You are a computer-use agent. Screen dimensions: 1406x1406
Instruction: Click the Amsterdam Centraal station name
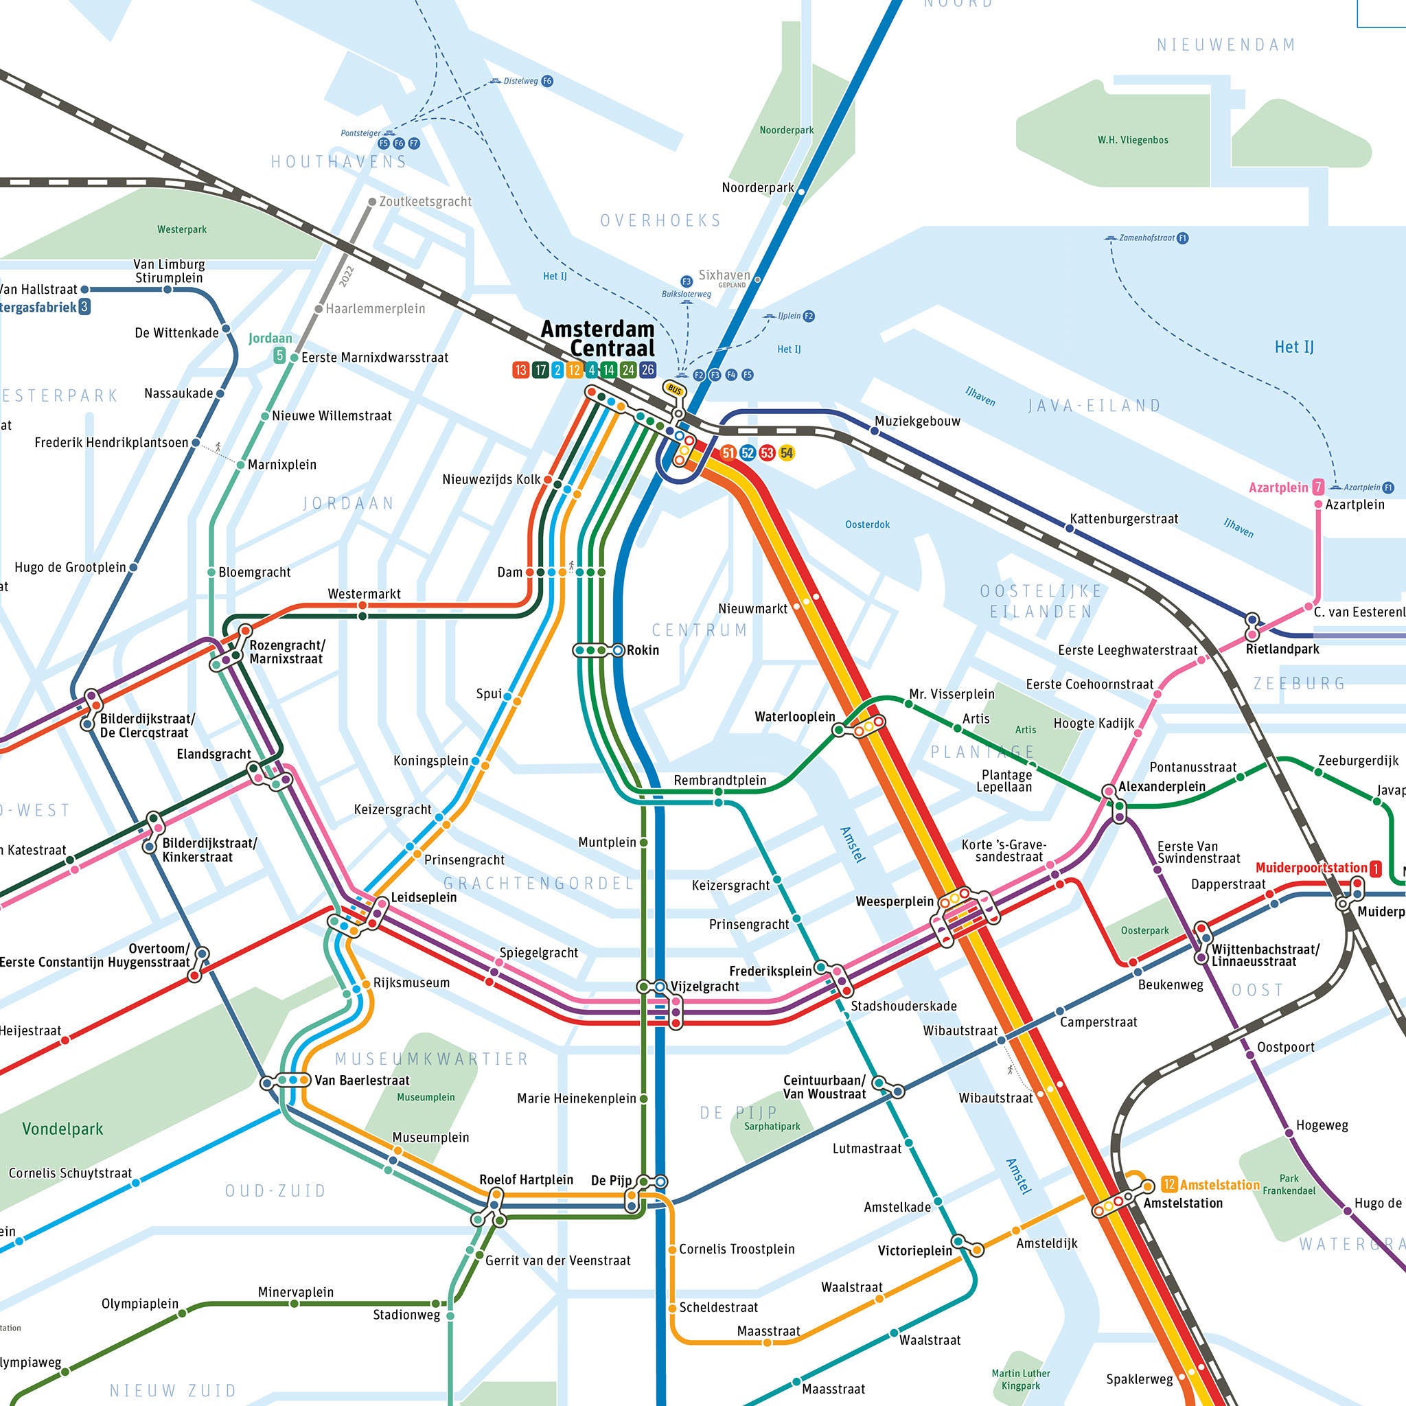pyautogui.click(x=597, y=338)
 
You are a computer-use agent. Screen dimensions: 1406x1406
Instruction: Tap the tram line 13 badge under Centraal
pyautogui.click(x=520, y=370)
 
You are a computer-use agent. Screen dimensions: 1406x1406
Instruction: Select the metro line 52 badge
pyautogui.click(x=748, y=452)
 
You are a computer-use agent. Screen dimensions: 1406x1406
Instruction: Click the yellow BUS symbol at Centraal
pyautogui.click(x=675, y=390)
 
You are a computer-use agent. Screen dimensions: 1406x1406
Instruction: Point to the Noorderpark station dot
pyautogui.click(x=801, y=192)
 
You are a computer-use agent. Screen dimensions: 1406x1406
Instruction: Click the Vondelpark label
pyautogui.click(x=62, y=1129)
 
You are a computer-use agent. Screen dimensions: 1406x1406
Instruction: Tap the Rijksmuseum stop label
pyautogui.click(x=411, y=982)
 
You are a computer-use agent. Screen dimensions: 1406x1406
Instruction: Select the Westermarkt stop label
pyautogui.click(x=364, y=594)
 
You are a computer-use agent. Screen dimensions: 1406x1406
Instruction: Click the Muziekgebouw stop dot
pyautogui.click(x=875, y=431)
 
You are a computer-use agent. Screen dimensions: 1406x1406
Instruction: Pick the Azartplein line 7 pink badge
pyautogui.click(x=1317, y=487)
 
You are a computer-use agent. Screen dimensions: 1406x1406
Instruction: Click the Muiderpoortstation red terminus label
pyautogui.click(x=1311, y=868)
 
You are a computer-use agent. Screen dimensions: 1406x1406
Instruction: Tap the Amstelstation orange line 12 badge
pyautogui.click(x=1168, y=1184)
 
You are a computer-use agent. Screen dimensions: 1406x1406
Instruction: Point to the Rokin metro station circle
pyautogui.click(x=618, y=650)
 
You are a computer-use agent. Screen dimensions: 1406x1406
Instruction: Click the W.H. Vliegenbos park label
pyautogui.click(x=1132, y=140)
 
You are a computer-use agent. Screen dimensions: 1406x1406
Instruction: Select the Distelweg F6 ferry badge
pyautogui.click(x=547, y=81)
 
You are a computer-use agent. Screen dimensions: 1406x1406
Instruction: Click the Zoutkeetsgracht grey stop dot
pyautogui.click(x=372, y=202)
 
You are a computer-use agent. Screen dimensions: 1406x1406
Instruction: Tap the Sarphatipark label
pyautogui.click(x=772, y=1127)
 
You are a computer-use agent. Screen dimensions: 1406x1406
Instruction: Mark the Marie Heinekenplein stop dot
pyautogui.click(x=643, y=1098)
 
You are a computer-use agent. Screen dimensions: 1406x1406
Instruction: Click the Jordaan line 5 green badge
pyautogui.click(x=279, y=355)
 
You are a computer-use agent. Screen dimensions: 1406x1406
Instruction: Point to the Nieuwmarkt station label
pyautogui.click(x=752, y=608)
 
